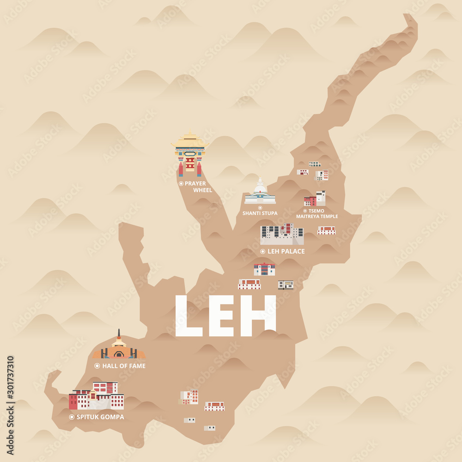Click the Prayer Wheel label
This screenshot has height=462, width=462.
coord(198,187)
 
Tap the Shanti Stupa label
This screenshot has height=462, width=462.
coord(260,213)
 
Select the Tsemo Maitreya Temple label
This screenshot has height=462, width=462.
coord(317,213)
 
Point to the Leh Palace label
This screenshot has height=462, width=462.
coord(286,251)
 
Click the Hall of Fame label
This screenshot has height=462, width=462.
coord(124,366)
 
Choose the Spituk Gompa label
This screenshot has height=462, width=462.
coord(100,417)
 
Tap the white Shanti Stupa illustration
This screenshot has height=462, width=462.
coord(260,193)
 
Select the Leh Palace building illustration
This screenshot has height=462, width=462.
coord(282,235)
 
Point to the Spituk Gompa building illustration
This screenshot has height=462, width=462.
coord(97,396)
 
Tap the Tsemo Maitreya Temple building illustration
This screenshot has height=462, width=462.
coord(315,199)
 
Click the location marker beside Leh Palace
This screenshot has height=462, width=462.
coord(263,251)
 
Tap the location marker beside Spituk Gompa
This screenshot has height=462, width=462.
coord(72,417)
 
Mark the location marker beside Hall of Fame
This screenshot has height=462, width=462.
coord(97,366)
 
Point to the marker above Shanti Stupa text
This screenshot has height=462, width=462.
coord(260,207)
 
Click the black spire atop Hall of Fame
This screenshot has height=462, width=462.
coord(119,333)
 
